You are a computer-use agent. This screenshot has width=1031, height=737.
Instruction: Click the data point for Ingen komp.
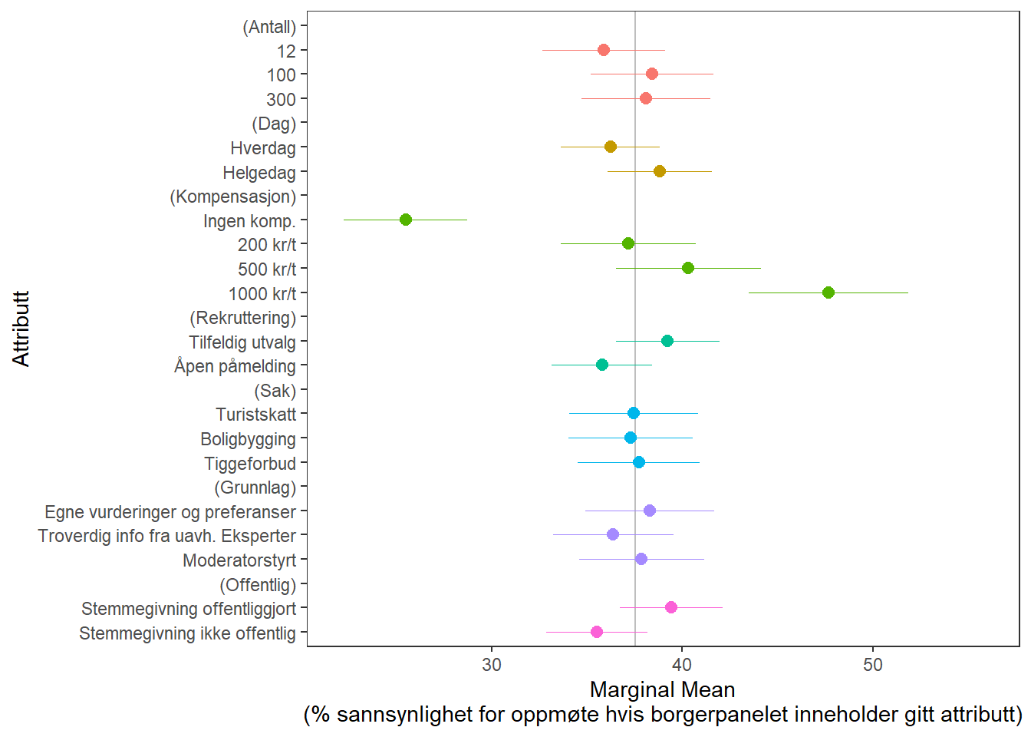click(406, 220)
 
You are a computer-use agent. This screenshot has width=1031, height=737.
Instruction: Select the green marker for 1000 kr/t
click(828, 292)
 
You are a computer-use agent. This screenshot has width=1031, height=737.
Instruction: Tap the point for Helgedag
click(659, 171)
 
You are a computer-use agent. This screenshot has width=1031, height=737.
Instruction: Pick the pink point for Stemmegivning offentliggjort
click(670, 607)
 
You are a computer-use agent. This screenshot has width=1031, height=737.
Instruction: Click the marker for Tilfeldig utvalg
click(667, 341)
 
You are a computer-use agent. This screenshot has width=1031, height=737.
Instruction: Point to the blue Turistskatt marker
click(633, 413)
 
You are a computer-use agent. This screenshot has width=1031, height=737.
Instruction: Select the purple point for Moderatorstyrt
click(641, 559)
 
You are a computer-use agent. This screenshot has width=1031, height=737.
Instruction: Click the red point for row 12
click(603, 50)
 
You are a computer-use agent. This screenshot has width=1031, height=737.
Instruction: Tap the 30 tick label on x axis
click(492, 665)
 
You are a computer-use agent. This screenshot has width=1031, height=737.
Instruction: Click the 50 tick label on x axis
click(872, 665)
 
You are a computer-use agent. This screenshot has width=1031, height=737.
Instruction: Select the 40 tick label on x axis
click(681, 665)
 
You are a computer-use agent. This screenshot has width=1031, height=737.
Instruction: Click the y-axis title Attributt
click(21, 329)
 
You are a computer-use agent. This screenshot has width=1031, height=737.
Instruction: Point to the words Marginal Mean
click(662, 689)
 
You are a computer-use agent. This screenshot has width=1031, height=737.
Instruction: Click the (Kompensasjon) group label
click(232, 197)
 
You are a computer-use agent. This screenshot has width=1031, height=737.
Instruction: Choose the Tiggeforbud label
click(249, 464)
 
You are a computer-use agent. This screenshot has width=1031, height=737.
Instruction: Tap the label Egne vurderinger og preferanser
click(170, 512)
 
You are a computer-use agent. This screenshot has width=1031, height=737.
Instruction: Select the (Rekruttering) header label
click(242, 318)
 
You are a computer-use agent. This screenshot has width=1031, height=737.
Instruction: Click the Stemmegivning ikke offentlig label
click(187, 633)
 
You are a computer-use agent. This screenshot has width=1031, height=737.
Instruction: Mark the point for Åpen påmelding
click(601, 365)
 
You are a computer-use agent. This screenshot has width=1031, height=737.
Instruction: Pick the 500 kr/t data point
click(687, 268)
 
